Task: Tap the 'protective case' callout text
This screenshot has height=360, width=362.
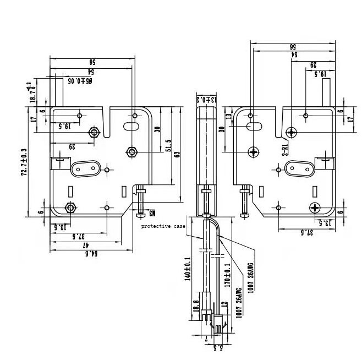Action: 163,226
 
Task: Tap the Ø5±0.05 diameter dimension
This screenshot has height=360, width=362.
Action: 80,80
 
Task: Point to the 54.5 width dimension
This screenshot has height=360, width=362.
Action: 91,254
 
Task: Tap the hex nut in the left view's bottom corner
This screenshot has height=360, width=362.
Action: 70,208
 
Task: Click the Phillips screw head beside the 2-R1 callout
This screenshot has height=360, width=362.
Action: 292,133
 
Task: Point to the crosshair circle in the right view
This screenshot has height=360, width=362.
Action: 254,151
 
